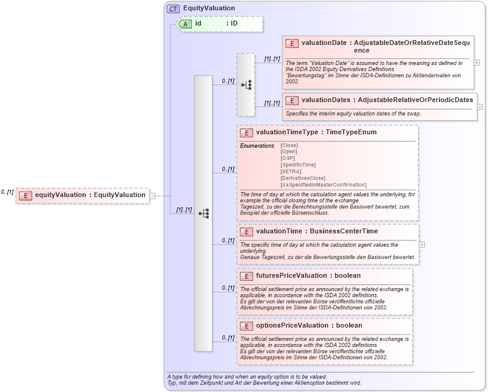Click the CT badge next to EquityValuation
click(174, 9)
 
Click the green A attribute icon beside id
click(185, 24)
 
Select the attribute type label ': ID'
click(232, 24)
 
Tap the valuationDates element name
click(325, 99)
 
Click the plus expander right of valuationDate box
click(477, 63)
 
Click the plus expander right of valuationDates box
click(480, 106)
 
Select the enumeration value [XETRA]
click(291, 171)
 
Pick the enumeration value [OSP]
click(288, 158)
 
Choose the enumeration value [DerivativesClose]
click(303, 177)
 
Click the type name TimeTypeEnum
click(351, 132)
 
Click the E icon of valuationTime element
click(246, 232)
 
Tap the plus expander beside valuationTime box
click(422, 244)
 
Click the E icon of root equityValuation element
click(25, 195)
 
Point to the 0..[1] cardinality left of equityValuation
click(7, 191)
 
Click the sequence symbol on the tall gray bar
click(203, 213)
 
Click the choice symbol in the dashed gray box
click(246, 84)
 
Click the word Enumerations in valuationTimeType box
click(257, 146)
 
